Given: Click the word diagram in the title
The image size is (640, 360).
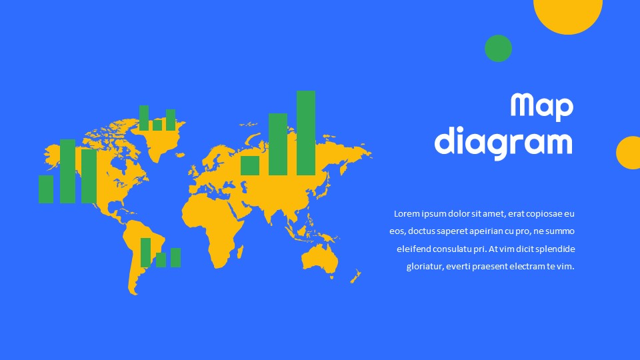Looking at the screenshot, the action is point(504,143).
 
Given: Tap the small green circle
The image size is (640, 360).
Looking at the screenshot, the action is point(499,49).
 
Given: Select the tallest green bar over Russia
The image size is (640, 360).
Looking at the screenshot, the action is point(306,133).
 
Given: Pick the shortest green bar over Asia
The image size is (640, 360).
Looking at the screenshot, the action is point(250,166).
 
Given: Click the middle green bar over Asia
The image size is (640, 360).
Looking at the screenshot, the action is point(278,145).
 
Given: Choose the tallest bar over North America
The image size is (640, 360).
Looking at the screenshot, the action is point(68,171).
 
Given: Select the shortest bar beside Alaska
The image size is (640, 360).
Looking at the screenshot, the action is point(46,189).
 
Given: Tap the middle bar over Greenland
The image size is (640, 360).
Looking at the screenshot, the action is point(157,125).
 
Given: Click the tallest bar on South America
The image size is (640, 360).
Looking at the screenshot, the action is point(146,253).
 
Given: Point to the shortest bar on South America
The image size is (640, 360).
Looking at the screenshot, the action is point(161,260).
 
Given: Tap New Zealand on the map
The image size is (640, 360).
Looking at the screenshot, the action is point(356,276).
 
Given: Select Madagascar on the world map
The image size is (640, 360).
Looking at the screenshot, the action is point(240,252).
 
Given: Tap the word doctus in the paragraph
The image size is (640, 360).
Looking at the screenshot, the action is point(421,231).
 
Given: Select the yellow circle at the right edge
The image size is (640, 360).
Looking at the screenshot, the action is point(629,153).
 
